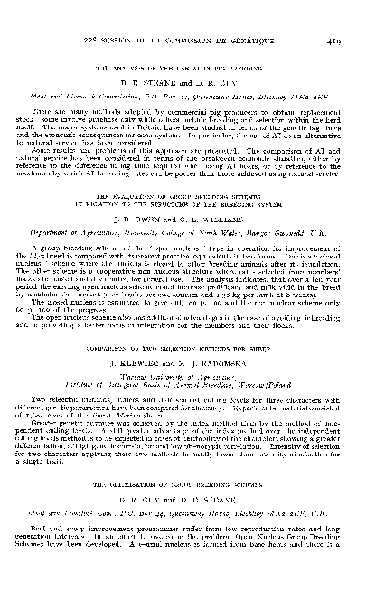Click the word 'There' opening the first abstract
pyautogui.click(x=64, y=111)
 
